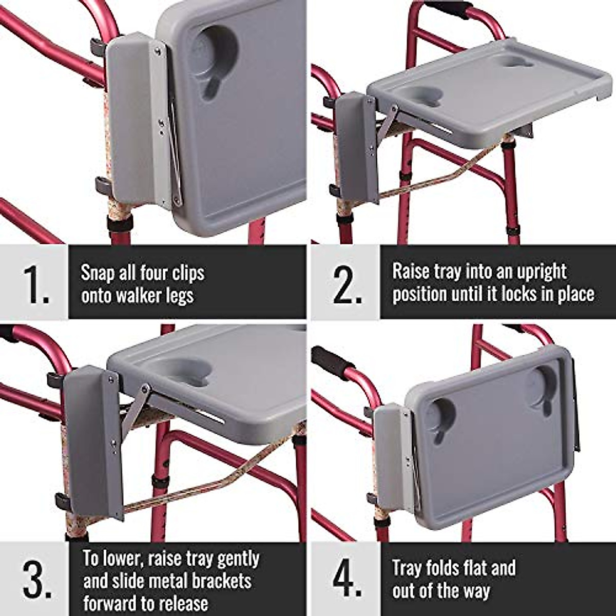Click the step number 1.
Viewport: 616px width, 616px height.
click(x=35, y=284)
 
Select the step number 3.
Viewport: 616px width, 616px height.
click(x=36, y=580)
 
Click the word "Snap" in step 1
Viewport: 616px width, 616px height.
click(x=98, y=273)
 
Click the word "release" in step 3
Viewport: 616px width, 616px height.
click(x=177, y=604)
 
